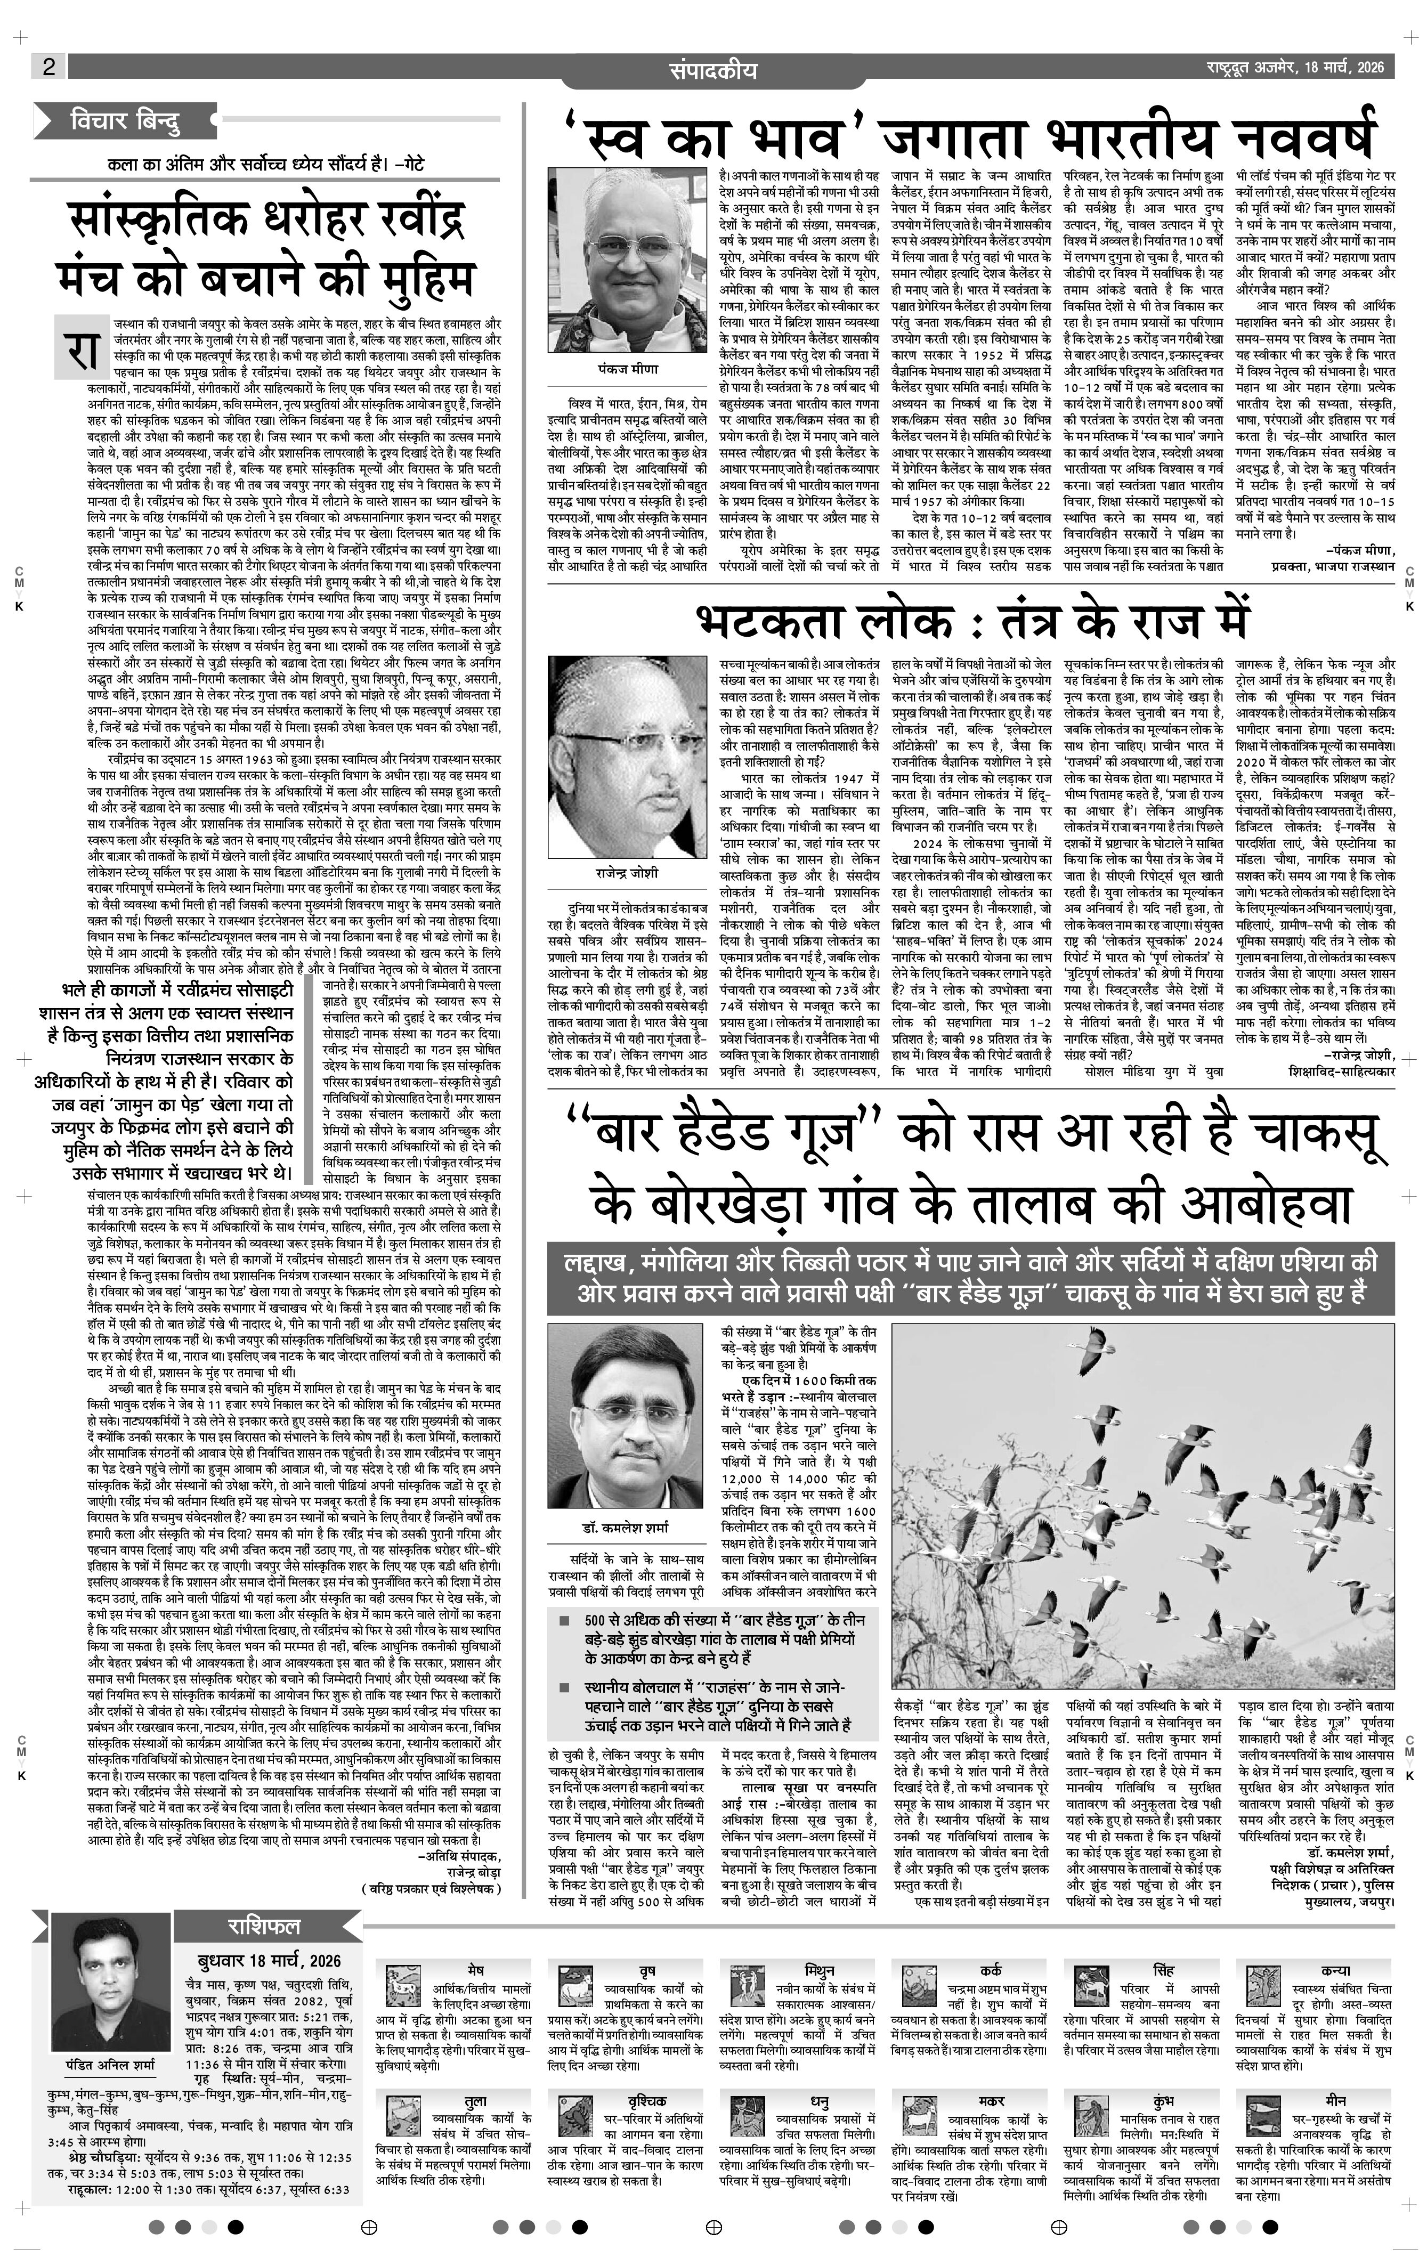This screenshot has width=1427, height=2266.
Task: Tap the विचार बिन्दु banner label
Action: (x=124, y=121)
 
